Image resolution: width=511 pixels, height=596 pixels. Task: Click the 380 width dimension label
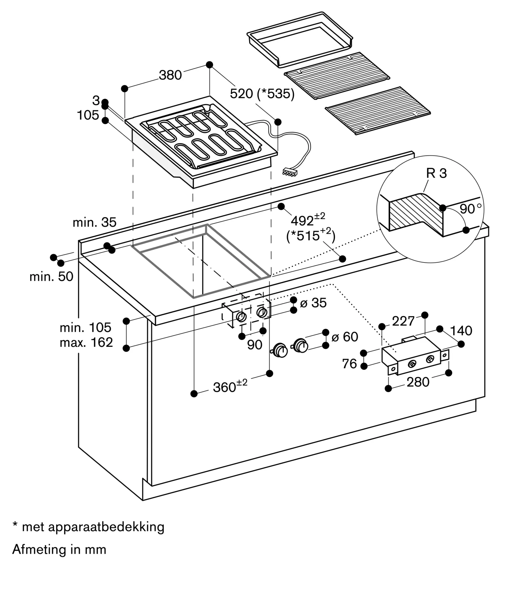(x=170, y=75)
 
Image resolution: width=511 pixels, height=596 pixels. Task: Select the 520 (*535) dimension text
(x=262, y=94)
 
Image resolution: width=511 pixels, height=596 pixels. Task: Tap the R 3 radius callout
(x=436, y=173)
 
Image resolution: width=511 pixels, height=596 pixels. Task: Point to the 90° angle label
(x=470, y=209)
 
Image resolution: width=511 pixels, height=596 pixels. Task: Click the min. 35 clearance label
(x=94, y=222)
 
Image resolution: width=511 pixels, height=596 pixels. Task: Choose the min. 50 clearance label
(x=51, y=277)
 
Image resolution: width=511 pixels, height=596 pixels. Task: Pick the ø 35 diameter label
(x=313, y=303)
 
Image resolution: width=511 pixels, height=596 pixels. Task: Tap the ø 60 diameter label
(x=345, y=337)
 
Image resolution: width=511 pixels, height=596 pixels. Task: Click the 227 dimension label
(x=403, y=321)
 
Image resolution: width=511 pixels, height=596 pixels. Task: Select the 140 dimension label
(x=461, y=331)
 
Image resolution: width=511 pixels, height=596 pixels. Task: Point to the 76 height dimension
(x=350, y=364)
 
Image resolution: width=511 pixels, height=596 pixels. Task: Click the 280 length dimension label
(x=418, y=382)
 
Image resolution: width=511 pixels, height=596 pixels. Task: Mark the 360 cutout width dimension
(x=230, y=387)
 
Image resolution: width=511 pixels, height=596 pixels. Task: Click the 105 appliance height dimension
(x=88, y=115)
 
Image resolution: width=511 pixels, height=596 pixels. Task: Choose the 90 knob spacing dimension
(x=254, y=345)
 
